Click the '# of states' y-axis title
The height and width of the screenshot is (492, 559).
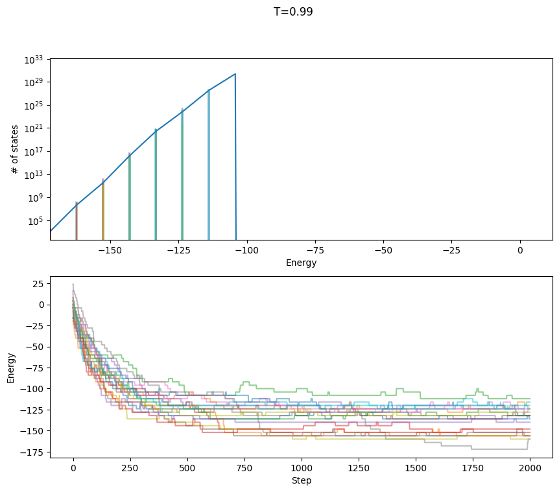15,149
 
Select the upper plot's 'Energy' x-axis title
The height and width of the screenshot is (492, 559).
301,263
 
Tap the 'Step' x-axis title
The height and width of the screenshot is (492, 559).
301,480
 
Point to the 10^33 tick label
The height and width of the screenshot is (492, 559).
34,60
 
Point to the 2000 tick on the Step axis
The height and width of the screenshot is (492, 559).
530,467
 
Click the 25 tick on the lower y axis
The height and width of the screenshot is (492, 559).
36,284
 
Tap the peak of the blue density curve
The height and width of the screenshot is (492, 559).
235,74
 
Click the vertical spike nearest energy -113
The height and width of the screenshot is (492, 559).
209,162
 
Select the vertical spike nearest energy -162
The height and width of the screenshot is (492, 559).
77,220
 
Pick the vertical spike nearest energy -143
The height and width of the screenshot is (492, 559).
130,194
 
